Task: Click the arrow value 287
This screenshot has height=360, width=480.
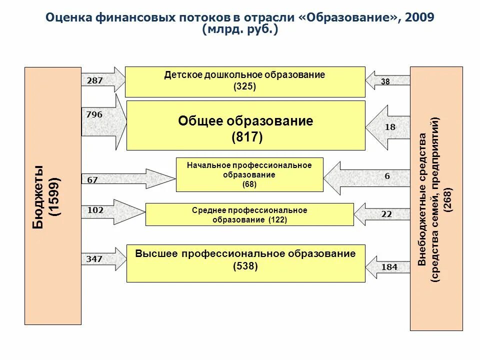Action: point(94,80)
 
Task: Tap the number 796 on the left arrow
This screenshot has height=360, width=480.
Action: point(94,114)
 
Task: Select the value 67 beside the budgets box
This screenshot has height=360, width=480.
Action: point(92,180)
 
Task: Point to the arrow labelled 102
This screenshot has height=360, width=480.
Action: point(95,210)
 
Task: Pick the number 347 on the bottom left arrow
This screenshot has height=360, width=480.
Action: point(94,259)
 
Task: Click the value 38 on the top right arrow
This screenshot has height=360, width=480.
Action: point(385,81)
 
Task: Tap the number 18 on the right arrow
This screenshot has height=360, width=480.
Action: point(390,127)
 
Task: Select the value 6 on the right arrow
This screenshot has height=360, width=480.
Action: point(387,176)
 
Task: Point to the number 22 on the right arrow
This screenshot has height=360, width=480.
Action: point(387,214)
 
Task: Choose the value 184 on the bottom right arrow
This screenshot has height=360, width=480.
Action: point(389,267)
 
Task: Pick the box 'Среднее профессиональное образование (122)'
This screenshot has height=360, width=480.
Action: point(249,215)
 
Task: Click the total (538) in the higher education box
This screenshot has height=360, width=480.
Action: point(245,266)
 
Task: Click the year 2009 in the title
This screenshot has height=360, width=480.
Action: point(420,17)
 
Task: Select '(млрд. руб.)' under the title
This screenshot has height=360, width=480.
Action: point(240,29)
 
